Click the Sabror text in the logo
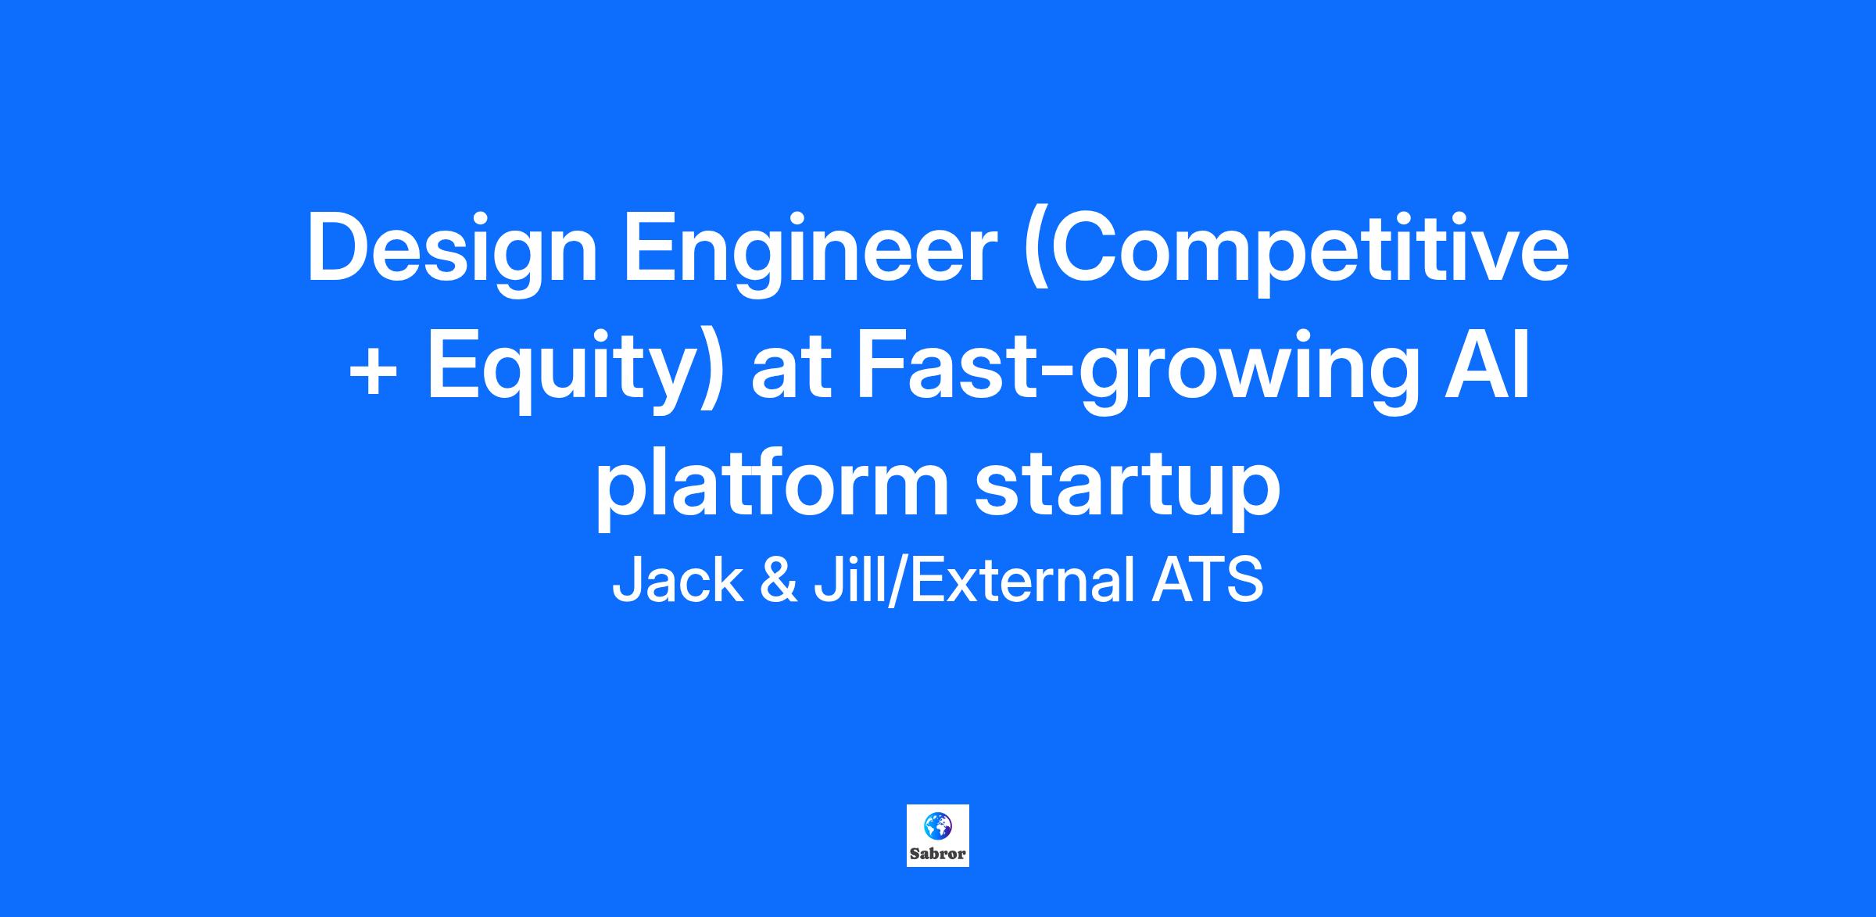(938, 853)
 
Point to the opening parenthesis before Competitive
(1035, 254)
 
